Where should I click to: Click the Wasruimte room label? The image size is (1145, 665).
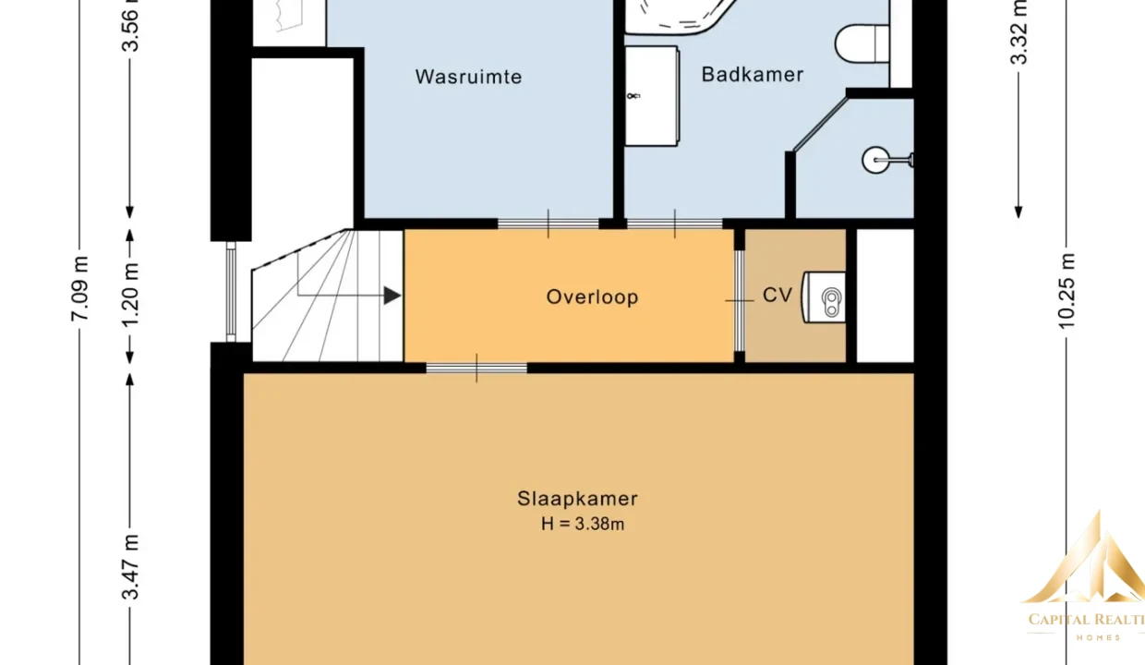(x=468, y=78)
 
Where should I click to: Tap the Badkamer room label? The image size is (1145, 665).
(x=753, y=75)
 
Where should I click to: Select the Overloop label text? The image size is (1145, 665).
(x=593, y=297)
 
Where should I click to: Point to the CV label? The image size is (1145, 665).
(x=777, y=295)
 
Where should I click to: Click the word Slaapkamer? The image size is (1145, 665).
(x=578, y=499)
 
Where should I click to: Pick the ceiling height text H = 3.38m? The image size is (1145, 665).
(x=583, y=524)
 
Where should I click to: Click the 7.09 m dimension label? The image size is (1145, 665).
(x=79, y=289)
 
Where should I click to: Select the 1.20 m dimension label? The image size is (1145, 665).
(x=130, y=295)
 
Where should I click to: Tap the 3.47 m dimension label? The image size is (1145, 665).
(x=130, y=566)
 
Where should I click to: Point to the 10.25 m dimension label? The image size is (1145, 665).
(x=1067, y=291)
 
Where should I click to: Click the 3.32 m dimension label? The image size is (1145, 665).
(x=1018, y=31)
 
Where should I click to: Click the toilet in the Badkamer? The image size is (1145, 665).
(x=862, y=43)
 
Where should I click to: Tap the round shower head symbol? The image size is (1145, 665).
(x=876, y=160)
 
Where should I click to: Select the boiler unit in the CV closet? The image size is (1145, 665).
(x=823, y=297)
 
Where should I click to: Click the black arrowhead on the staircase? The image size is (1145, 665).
(x=392, y=296)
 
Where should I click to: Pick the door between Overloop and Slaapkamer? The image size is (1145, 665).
(x=476, y=368)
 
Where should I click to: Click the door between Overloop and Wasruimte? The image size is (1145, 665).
(x=548, y=224)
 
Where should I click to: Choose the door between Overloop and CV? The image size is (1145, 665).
(x=740, y=300)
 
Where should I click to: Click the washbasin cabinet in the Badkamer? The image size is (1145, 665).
(x=652, y=96)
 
